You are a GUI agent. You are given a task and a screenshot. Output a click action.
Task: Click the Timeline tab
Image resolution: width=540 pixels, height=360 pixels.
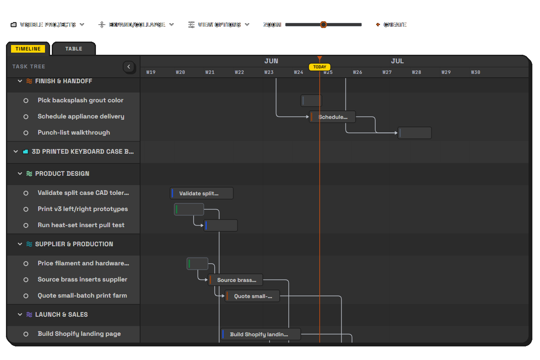point(28,49)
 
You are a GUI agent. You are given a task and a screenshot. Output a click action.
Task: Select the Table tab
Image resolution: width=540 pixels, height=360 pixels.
point(74,49)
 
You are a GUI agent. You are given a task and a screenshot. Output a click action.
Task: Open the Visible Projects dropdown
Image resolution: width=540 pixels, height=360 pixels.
point(48,25)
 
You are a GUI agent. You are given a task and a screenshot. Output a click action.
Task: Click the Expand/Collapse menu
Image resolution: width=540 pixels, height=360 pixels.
point(136,25)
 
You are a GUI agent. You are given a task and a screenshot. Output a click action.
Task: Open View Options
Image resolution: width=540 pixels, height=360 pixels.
point(219,25)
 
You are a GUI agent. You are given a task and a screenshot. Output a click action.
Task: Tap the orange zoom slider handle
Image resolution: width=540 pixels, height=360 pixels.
point(323,25)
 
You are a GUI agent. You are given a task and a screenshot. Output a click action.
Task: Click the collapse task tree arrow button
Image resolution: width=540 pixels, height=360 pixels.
point(129,67)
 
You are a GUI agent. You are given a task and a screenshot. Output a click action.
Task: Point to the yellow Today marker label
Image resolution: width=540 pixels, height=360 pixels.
point(320,67)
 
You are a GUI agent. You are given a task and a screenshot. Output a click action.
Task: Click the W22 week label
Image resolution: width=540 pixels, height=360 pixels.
point(239,72)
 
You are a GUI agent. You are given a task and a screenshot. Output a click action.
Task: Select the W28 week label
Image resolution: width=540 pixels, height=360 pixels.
point(416,72)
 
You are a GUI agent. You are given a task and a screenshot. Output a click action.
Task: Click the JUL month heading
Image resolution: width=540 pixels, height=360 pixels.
point(397,61)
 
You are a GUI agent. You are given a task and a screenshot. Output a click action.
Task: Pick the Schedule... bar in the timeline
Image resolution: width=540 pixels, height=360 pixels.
point(332,117)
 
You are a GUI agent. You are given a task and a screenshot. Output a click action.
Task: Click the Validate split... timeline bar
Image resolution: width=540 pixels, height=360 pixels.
point(202,194)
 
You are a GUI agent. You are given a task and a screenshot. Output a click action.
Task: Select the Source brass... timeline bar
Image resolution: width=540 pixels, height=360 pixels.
point(236,280)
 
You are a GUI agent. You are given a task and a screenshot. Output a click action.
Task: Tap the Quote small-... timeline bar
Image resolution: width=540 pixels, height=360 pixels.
point(253,296)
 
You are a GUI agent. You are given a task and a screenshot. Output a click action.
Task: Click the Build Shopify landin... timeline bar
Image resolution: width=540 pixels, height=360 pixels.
point(261,334)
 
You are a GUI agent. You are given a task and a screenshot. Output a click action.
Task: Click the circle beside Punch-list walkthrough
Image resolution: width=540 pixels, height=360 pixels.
point(26,133)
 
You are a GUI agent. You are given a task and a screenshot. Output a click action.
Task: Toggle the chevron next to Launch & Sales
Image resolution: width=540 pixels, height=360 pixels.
point(20,315)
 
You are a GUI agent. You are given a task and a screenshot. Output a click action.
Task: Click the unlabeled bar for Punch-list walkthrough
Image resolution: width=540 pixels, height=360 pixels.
point(415,133)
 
